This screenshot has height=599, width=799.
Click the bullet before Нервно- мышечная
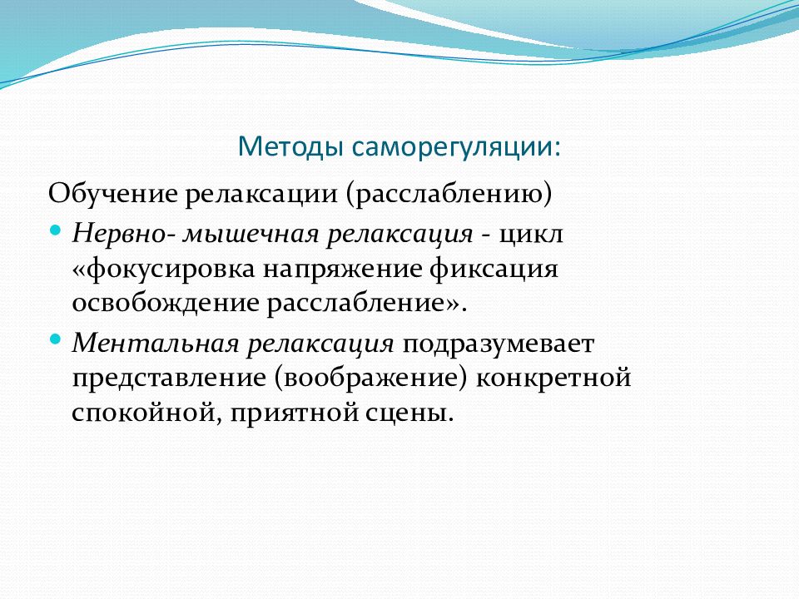pos(55,228)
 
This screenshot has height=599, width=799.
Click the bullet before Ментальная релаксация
pos(55,340)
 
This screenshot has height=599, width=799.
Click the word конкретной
pos(553,378)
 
